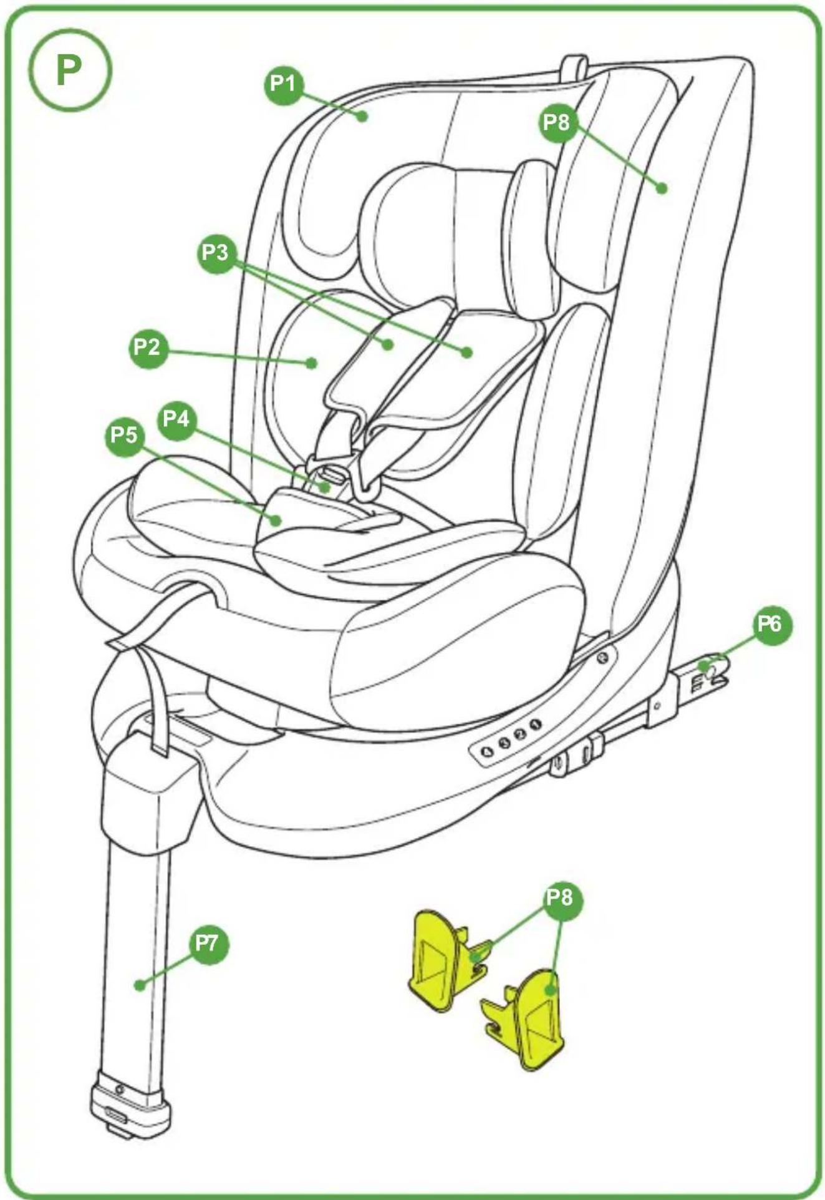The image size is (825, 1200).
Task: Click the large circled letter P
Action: click(x=70, y=71)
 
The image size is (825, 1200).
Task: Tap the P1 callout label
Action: click(x=284, y=83)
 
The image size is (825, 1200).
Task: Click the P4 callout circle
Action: click(x=177, y=419)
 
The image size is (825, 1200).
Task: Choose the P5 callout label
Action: click(x=124, y=435)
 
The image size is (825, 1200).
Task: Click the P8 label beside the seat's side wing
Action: click(x=557, y=122)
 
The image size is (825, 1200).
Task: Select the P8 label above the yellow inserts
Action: click(x=560, y=898)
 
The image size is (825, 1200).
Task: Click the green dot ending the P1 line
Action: click(x=362, y=115)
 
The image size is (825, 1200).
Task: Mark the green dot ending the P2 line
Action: click(x=311, y=363)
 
